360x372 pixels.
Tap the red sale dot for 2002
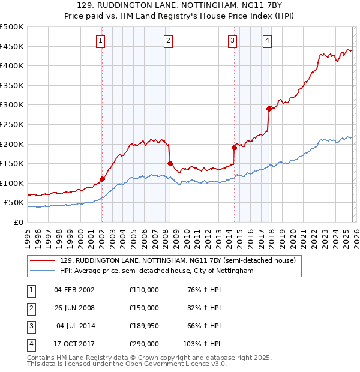(102, 179)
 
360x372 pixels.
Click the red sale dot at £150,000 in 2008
(170, 163)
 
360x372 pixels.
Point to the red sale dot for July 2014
(234, 148)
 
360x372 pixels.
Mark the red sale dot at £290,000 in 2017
(269, 109)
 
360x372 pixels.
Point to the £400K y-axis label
(12, 66)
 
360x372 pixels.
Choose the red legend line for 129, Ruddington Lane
(43, 261)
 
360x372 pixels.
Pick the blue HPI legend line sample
(43, 271)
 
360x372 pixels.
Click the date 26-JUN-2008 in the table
(75, 308)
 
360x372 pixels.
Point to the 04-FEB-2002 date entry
(75, 290)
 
